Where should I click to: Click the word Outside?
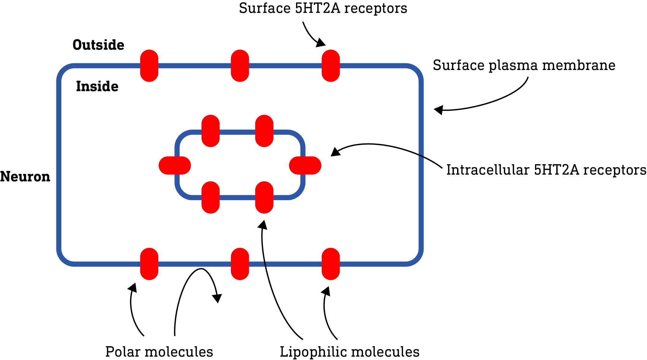(x=98, y=45)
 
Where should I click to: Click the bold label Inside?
(x=97, y=87)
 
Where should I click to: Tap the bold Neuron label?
(x=25, y=177)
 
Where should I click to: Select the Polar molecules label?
(x=159, y=352)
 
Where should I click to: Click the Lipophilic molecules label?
(x=349, y=352)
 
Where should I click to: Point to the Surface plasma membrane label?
(x=524, y=65)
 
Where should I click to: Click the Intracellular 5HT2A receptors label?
(x=546, y=170)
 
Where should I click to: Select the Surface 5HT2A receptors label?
(x=323, y=8)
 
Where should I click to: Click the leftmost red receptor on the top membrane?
(x=149, y=66)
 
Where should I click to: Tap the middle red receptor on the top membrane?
(x=240, y=66)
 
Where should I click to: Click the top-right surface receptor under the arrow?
(x=330, y=66)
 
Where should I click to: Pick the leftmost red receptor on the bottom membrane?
(x=149, y=264)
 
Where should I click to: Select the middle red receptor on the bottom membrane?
(x=240, y=264)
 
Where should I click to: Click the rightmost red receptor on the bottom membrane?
(x=330, y=264)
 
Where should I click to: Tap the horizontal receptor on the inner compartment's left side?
(x=175, y=165)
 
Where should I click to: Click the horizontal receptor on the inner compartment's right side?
(x=305, y=165)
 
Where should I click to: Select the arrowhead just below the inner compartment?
(x=263, y=225)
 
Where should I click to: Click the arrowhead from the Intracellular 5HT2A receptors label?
(x=336, y=152)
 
